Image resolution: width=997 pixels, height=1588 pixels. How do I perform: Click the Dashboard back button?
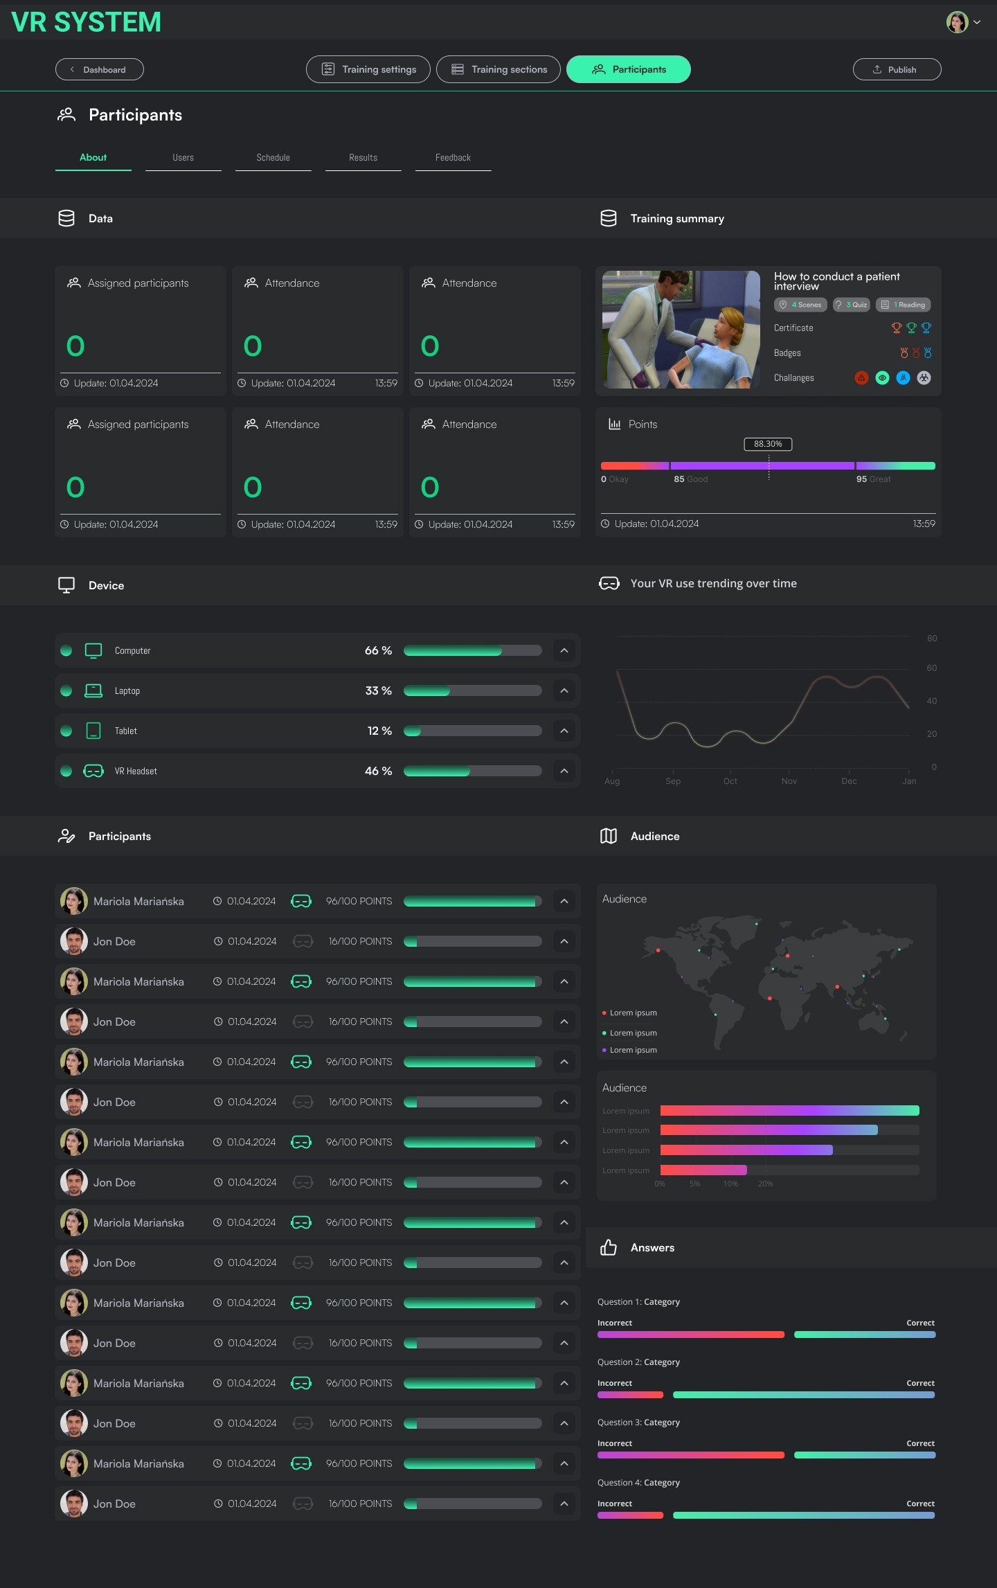[100, 69]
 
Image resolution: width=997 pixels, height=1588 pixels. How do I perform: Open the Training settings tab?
[368, 69]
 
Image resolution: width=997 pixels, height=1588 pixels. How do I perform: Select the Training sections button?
[498, 69]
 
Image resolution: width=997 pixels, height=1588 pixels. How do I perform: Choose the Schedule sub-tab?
[273, 158]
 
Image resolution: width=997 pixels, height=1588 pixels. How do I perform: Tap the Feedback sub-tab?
[453, 158]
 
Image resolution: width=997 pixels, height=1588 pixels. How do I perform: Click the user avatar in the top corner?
[958, 22]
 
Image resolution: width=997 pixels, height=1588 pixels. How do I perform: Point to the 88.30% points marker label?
[768, 444]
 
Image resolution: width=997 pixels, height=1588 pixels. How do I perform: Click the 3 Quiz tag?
[852, 305]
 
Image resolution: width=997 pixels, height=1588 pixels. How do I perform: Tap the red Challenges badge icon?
[861, 377]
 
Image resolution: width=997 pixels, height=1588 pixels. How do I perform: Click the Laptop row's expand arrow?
[564, 690]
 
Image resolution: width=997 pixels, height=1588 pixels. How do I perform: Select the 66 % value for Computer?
[378, 650]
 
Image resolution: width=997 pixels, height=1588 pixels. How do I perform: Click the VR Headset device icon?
[93, 771]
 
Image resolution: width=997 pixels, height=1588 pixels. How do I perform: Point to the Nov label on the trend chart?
[789, 781]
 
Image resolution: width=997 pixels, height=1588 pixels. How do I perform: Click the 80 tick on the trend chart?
[932, 639]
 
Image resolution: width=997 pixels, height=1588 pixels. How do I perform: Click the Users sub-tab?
[183, 158]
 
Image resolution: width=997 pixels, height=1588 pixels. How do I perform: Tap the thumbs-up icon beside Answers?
[609, 1247]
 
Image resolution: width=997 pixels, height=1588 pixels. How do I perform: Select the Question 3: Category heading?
[638, 1422]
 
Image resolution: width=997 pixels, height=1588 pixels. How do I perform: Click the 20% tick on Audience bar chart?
[765, 1184]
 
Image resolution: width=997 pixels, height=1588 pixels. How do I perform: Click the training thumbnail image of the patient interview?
[681, 330]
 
